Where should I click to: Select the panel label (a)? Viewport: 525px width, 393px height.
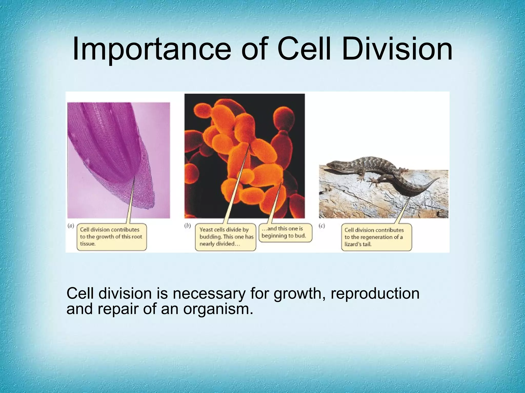[x=71, y=226]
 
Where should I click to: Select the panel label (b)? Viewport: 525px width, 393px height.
[x=188, y=226]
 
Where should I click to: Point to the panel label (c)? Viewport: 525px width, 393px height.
[x=322, y=226]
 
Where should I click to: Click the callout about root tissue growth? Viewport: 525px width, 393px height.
[x=112, y=237]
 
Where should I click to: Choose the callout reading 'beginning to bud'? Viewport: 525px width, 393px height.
[x=285, y=232]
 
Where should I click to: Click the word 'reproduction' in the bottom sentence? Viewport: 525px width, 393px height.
[x=375, y=294]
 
